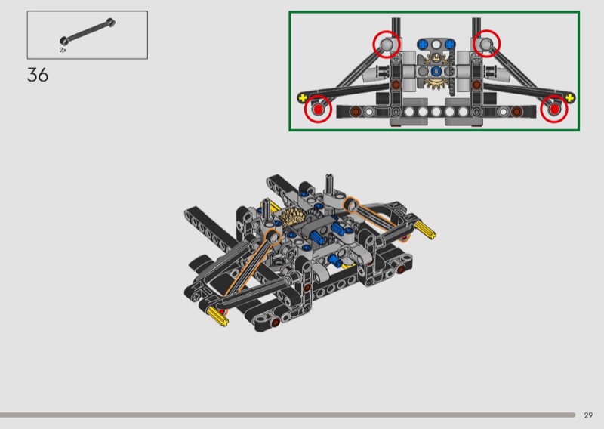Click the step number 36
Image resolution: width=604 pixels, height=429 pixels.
pyautogui.click(x=38, y=75)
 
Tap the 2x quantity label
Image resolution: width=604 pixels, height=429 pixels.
pyautogui.click(x=63, y=50)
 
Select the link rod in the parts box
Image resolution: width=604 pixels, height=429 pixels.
pyautogui.click(x=88, y=31)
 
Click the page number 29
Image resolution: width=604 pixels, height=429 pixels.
pyautogui.click(x=588, y=415)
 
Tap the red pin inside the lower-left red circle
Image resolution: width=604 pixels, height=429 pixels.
pyautogui.click(x=318, y=110)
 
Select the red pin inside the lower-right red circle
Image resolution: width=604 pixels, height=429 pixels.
pyautogui.click(x=554, y=110)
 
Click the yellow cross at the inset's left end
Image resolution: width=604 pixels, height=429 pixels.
pyautogui.click(x=303, y=97)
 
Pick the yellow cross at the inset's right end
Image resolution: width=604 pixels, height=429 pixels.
pyautogui.click(x=570, y=97)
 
